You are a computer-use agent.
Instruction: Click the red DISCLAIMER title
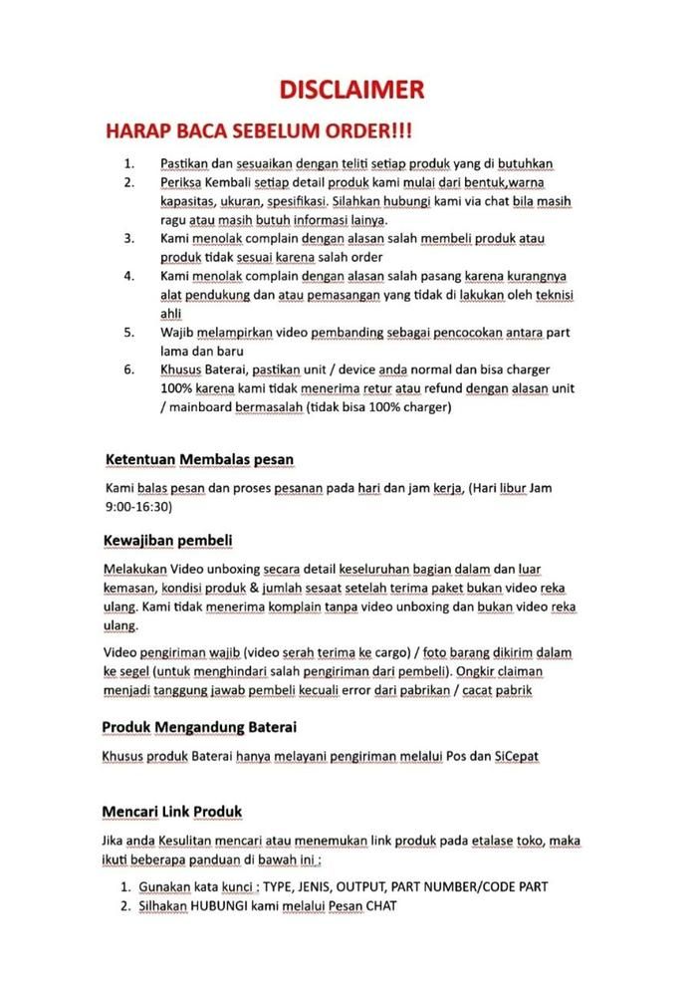pos(351,90)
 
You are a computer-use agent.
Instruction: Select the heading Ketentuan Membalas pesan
pos(199,459)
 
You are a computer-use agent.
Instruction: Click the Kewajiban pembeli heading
pos(167,540)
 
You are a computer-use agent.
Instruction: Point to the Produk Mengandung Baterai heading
pos(199,726)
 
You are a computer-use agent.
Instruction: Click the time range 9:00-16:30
pos(138,506)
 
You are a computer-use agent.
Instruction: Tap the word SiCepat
pos(517,756)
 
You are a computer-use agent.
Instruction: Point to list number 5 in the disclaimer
pos(128,332)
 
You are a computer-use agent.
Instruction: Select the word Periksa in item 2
pos(181,182)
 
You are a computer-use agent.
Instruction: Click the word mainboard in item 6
pos(203,406)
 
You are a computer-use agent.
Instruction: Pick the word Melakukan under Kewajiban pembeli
pos(134,569)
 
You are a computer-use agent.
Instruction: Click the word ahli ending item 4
pos(170,313)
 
